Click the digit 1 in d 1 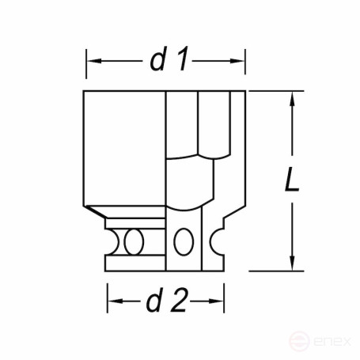[x=182, y=61]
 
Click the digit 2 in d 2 [x=179, y=300]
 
